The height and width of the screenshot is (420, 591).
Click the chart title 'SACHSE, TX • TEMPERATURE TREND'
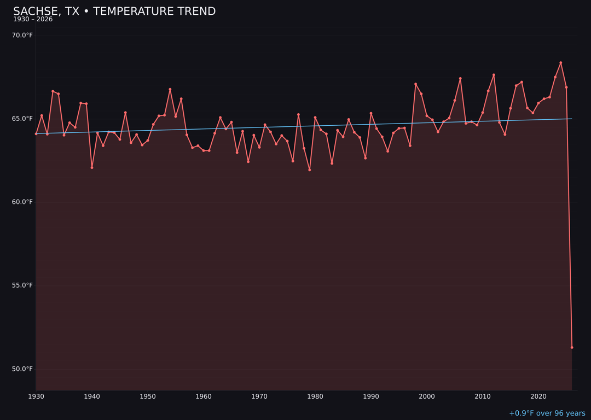pos(114,11)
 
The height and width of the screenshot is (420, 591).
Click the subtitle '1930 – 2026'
pos(33,20)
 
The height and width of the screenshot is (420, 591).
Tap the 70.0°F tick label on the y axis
pos(22,36)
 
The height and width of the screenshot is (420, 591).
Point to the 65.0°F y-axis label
pos(22,119)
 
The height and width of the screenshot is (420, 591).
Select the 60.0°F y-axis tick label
pos(22,202)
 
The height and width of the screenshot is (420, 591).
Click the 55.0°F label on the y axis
pos(22,285)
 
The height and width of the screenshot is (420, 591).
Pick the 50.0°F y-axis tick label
pos(22,369)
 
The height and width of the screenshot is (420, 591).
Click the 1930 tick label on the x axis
pos(36,396)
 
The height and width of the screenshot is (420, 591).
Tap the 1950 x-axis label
pos(148,396)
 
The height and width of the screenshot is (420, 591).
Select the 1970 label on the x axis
pos(259,396)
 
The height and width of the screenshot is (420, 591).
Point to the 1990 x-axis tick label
pos(371,396)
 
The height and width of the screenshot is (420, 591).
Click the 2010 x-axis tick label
pos(483,396)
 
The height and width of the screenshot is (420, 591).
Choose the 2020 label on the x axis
pos(538,396)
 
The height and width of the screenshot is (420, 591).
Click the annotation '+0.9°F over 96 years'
pos(547,413)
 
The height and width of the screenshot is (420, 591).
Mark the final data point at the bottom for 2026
pos(572,347)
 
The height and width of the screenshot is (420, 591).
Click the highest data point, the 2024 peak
pos(561,63)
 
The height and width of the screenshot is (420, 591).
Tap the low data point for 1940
pos(92,167)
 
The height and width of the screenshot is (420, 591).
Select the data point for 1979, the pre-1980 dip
pos(310,170)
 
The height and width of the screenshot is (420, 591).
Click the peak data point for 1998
pos(415,84)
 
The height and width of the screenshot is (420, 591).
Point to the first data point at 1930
pos(36,133)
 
